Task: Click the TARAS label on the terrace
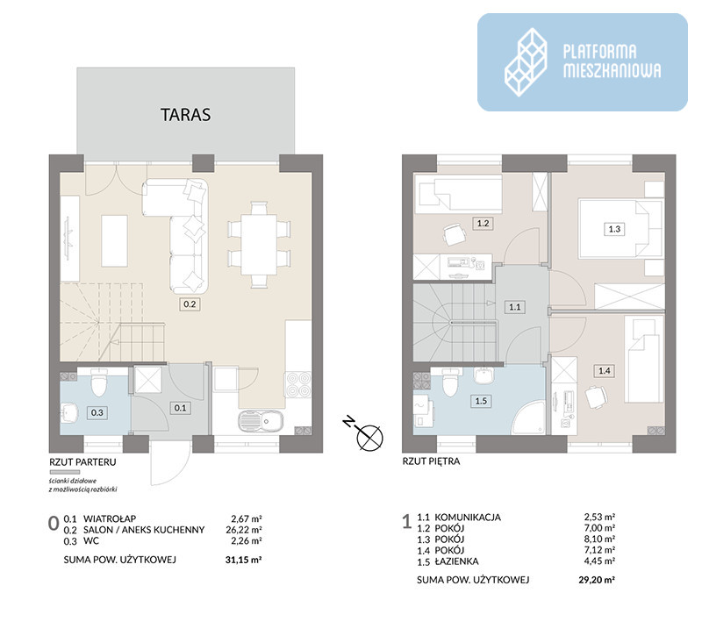(185, 115)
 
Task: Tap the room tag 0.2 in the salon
(190, 304)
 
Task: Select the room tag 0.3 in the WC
(97, 412)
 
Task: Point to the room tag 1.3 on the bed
(614, 229)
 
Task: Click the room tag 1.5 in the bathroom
(481, 401)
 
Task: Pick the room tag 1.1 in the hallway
(514, 307)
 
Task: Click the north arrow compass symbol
(365, 433)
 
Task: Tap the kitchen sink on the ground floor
(260, 422)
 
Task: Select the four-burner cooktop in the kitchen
(298, 385)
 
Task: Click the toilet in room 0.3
(98, 383)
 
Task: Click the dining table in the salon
(259, 245)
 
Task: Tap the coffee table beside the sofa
(114, 240)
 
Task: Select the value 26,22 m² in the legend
(244, 530)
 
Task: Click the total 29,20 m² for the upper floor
(597, 580)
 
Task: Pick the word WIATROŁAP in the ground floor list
(110, 519)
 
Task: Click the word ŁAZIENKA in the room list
(456, 561)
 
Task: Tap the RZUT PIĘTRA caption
(431, 461)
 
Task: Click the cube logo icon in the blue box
(526, 62)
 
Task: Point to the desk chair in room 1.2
(455, 234)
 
